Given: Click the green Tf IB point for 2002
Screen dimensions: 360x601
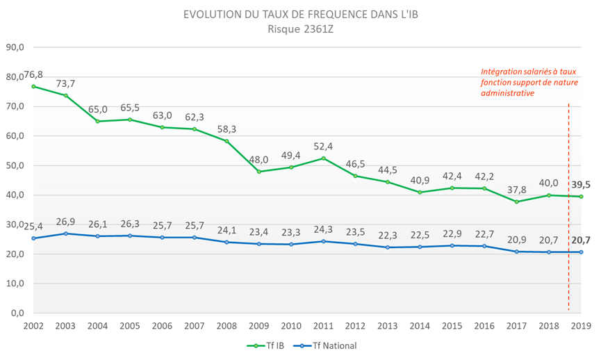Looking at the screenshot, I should [33, 86].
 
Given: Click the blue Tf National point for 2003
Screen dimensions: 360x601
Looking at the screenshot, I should [65, 234].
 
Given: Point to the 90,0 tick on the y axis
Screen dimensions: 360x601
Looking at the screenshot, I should [15, 47].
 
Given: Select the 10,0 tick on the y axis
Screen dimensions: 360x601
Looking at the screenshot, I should [15, 284].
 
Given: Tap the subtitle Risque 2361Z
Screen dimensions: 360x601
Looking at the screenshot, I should [300, 28].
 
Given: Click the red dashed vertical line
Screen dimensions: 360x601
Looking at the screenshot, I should [569, 208].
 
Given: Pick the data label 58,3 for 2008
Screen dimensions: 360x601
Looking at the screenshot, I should [227, 130].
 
